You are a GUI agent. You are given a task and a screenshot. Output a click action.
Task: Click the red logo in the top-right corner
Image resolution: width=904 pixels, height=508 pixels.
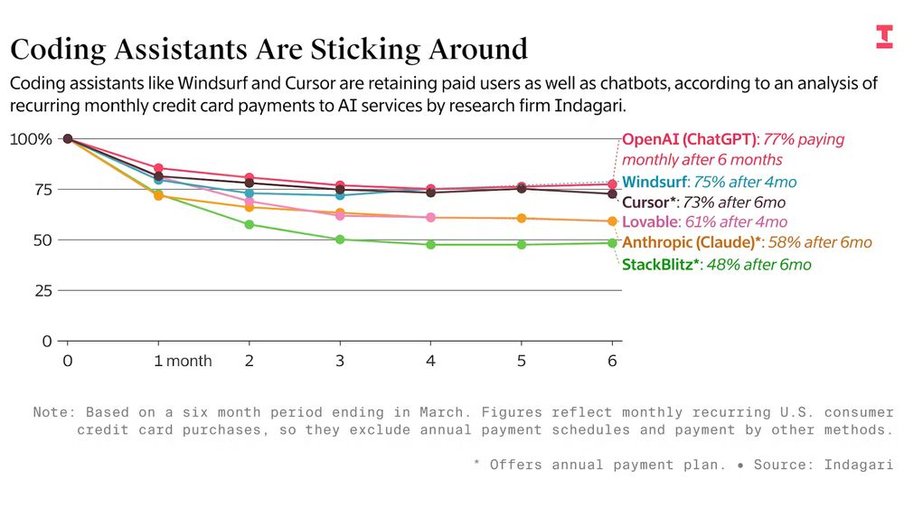tap(883, 36)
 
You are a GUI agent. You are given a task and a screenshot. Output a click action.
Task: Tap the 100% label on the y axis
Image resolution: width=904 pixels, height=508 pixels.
tap(31, 139)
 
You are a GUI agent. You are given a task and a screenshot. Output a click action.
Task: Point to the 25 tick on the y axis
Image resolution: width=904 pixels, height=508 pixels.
tap(43, 291)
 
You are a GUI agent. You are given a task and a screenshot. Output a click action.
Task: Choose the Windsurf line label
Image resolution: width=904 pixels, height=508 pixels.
tap(654, 182)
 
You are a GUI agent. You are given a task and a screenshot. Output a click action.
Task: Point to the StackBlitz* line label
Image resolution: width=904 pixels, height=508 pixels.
tap(661, 265)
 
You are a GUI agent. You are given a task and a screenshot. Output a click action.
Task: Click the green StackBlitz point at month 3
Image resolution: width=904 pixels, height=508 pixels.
tap(340, 240)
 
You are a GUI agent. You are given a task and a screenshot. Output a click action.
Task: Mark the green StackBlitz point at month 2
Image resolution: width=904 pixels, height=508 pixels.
tap(250, 224)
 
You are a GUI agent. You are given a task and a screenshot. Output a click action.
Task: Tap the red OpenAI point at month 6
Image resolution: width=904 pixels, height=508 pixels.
tap(612, 184)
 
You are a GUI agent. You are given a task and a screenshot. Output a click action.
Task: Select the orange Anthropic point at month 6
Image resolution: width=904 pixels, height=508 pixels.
tap(612, 221)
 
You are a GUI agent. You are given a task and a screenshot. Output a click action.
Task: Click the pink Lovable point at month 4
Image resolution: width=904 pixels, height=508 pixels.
tap(430, 218)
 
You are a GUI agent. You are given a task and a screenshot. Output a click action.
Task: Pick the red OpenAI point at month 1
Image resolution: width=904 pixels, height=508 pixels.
tap(158, 168)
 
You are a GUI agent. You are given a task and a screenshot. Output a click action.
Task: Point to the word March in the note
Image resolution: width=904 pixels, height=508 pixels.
tap(439, 412)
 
